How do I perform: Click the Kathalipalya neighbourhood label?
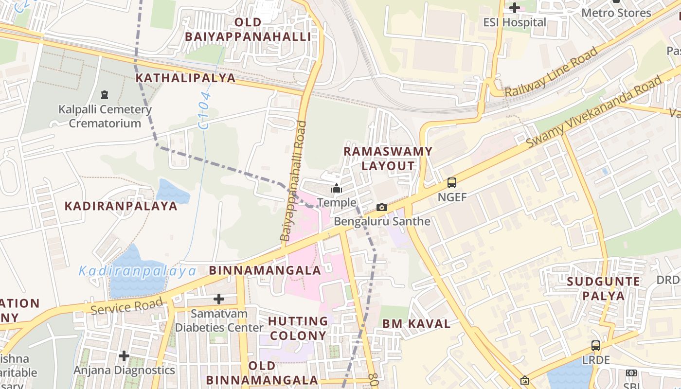(185, 78)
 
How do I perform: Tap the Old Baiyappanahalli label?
(248, 29)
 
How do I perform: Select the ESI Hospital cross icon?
(515, 8)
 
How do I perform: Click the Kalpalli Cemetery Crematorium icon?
(104, 94)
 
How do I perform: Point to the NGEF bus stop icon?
(452, 183)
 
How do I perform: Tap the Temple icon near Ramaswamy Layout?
(337, 188)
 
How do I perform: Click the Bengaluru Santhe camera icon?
(382, 208)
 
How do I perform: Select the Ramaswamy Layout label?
(388, 159)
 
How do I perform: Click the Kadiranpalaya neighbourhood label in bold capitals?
(121, 206)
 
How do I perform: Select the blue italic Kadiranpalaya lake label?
(137, 271)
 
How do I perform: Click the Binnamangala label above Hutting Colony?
(265, 270)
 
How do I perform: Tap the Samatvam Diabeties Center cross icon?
(219, 299)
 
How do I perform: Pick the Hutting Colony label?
(298, 328)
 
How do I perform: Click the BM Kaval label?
(416, 324)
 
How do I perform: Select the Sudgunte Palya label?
(603, 288)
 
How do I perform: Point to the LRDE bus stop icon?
(595, 346)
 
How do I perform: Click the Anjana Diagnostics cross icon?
(124, 356)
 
